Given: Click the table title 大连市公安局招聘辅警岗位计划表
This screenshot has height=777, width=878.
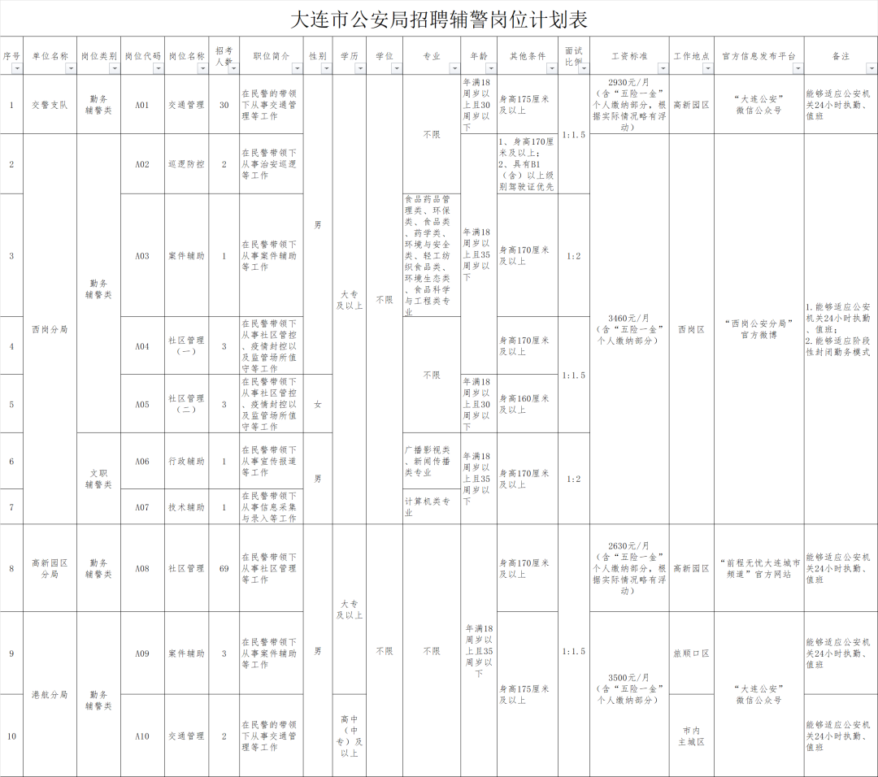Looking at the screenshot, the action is [x=439, y=19].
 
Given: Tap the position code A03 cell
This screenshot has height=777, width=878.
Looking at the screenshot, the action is [x=142, y=256].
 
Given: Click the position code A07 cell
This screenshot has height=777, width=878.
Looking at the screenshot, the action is [x=142, y=507].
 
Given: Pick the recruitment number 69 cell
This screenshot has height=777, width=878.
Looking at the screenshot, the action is [x=224, y=569].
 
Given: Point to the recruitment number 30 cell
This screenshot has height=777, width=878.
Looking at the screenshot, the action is [x=224, y=105].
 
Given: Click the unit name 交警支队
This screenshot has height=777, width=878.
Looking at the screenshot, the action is [x=50, y=105].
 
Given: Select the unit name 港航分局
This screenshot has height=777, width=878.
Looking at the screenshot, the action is [x=50, y=695].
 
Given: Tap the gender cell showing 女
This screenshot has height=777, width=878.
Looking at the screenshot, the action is [x=317, y=404].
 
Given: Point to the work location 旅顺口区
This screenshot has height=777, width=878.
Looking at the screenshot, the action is [x=691, y=653].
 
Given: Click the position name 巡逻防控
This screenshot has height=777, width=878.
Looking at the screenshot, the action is [x=186, y=164].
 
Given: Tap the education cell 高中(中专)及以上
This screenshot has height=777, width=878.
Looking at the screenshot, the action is [x=349, y=736].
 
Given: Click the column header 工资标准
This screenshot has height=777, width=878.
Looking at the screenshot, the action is [x=629, y=56].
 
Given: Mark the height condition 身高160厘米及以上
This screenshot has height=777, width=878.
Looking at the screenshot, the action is [x=527, y=404].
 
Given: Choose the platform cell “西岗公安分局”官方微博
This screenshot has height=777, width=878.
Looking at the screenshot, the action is [x=758, y=329].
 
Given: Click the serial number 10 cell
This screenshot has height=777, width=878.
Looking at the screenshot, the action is [x=11, y=736].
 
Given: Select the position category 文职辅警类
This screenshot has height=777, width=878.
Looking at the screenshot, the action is [x=98, y=479].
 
